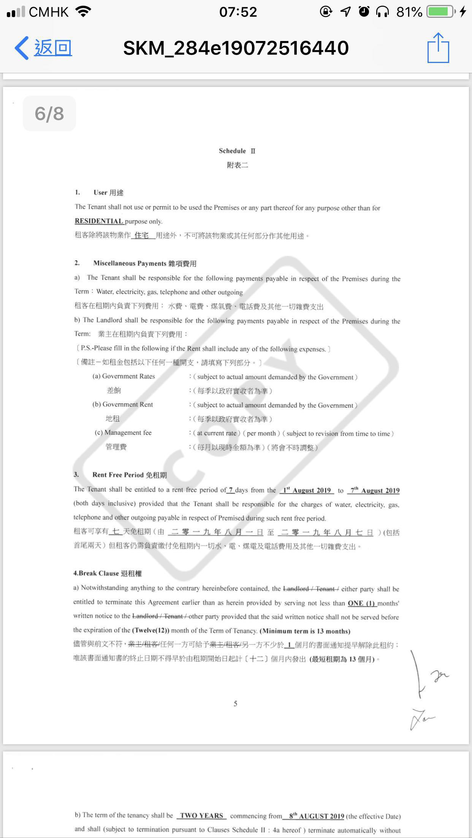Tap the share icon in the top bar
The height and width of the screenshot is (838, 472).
tap(438, 48)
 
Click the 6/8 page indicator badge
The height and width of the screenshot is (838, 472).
tap(49, 113)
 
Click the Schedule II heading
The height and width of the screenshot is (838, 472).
tap(237, 151)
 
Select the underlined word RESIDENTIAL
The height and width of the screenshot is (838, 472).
tap(99, 221)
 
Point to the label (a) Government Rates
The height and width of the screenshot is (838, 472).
tap(124, 376)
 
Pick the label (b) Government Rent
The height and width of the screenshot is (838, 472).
tap(123, 405)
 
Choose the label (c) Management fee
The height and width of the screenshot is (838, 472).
tap(123, 433)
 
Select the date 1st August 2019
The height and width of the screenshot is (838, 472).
tap(307, 490)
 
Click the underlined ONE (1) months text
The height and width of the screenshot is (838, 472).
tap(361, 603)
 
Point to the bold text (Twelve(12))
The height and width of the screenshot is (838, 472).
tap(150, 630)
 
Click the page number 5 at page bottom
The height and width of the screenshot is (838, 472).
tap(236, 704)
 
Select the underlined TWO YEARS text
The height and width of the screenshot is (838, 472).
tap(201, 816)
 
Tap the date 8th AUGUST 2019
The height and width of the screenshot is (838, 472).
tap(316, 816)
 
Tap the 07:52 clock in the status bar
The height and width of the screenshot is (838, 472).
tap(238, 12)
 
